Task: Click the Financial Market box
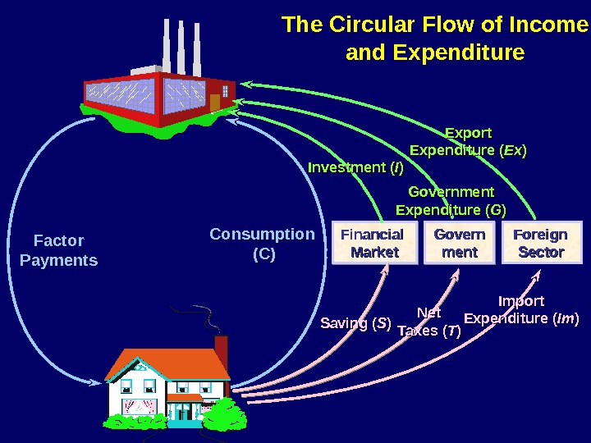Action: (372, 244)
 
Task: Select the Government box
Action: (459, 244)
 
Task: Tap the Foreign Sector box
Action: (540, 244)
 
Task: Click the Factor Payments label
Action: (58, 250)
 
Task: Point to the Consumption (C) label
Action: (262, 244)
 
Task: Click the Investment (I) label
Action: (355, 168)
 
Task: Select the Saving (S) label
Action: (355, 322)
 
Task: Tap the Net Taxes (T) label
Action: (428, 322)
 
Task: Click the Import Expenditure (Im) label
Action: (521, 309)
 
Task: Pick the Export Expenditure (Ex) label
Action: (468, 141)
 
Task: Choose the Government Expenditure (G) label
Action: (451, 201)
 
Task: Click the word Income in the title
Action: (547, 25)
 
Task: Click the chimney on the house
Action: (221, 346)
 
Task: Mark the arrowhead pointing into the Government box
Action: (456, 272)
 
